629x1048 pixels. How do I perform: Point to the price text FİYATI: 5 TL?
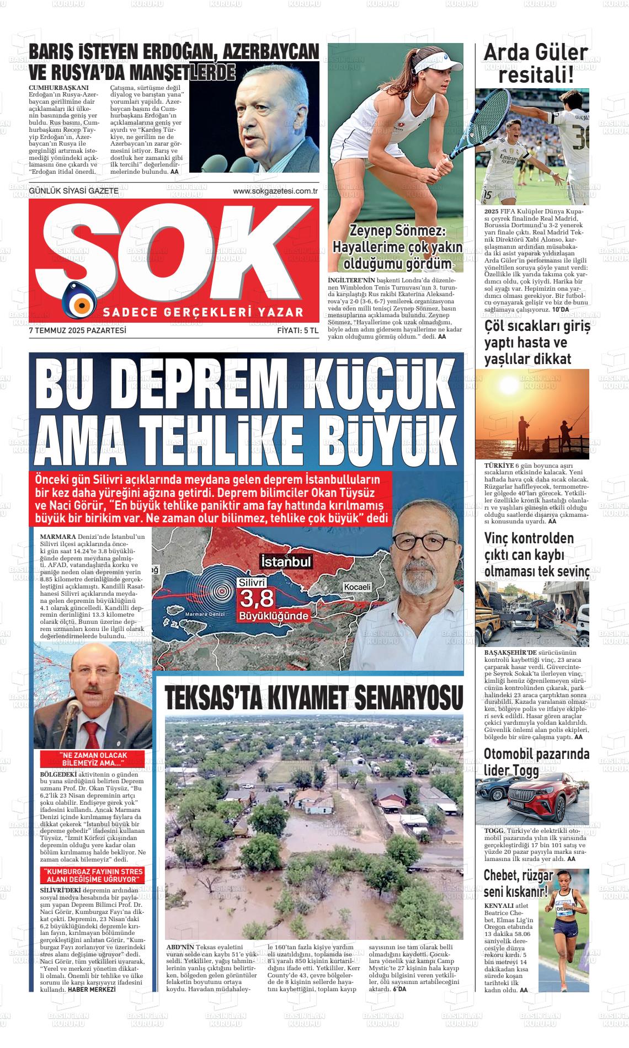pos(298,331)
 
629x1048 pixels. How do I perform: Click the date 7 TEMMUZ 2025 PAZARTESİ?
pos(78,331)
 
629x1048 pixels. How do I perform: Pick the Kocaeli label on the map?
pos(358,587)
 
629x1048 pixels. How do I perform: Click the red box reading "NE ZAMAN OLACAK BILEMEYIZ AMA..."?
pos(93,759)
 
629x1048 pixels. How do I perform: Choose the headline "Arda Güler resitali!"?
pos(535,63)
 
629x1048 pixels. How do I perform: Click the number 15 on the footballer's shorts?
pos(487,195)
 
